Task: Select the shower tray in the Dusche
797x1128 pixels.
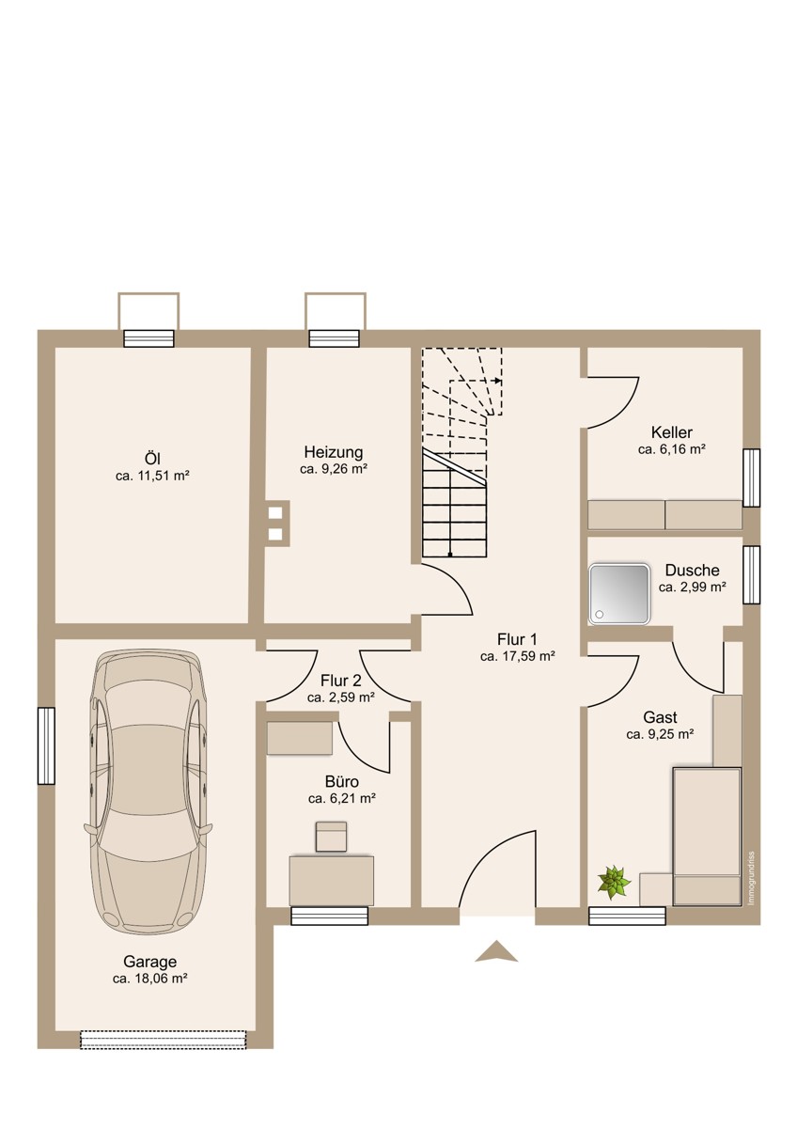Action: [x=619, y=594]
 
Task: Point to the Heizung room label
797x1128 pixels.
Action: [x=334, y=452]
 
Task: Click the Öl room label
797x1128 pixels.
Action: [x=152, y=459]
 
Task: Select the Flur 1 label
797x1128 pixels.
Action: [x=517, y=639]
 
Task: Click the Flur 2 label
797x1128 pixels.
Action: [x=341, y=681]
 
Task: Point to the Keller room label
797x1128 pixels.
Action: [x=672, y=432]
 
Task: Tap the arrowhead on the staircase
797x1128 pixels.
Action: [x=498, y=381]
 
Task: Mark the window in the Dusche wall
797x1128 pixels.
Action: [x=752, y=574]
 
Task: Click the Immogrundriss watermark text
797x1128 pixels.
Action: [x=751, y=878]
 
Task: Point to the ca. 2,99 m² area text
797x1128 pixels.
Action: [x=693, y=587]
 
